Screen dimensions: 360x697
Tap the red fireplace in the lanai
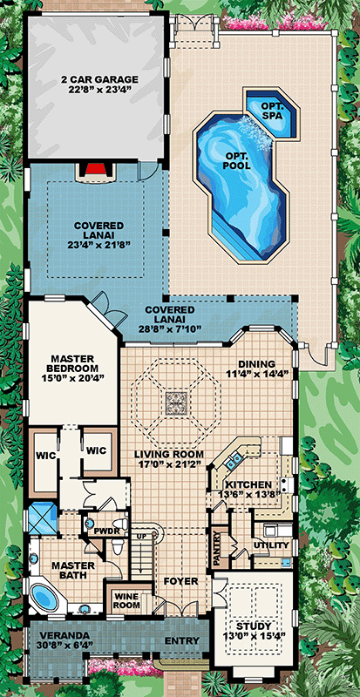pos(94,168)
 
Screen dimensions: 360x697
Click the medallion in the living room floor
pos(177,403)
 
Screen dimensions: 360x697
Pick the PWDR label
pos(105,531)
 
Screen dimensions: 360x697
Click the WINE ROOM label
pos(128,601)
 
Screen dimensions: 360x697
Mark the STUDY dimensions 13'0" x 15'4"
pos(255,634)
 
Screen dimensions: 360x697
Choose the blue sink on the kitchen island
pos(234,461)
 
